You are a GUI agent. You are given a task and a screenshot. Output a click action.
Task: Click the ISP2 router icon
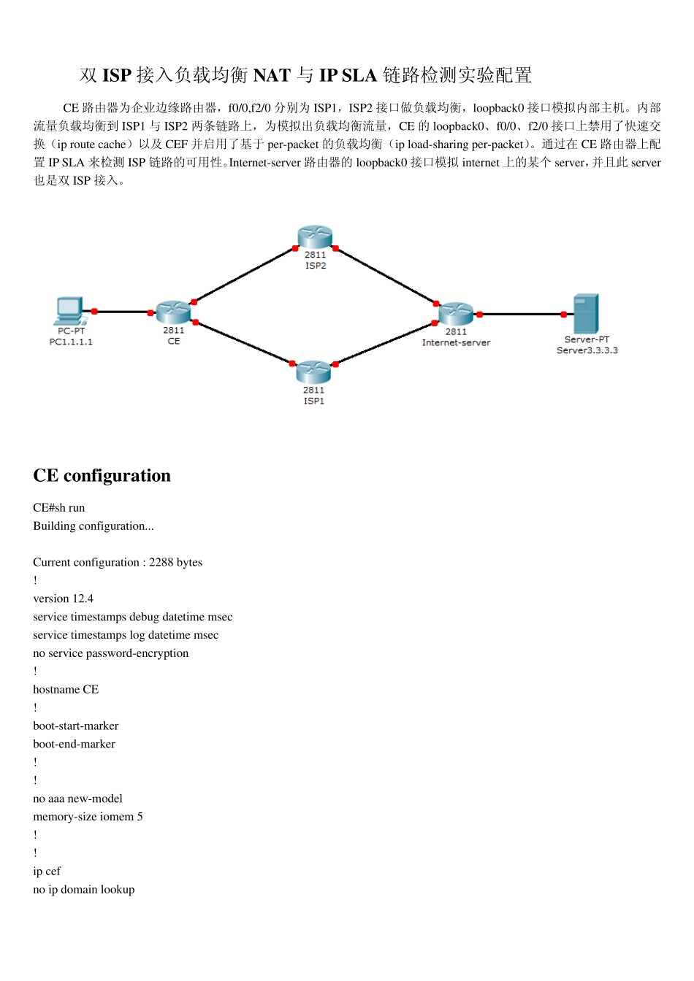click(x=315, y=237)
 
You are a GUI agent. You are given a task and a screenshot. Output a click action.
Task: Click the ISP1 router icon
click(x=313, y=372)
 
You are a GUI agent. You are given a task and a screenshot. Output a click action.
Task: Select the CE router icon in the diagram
click(x=173, y=312)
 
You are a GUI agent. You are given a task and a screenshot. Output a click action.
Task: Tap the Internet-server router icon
click(x=456, y=314)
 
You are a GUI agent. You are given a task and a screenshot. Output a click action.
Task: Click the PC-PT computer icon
click(x=70, y=311)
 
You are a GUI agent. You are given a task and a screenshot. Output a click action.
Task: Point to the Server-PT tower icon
click(x=586, y=313)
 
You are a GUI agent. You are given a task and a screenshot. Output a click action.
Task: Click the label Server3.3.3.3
click(x=587, y=350)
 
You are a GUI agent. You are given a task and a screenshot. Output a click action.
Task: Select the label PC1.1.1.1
click(x=71, y=342)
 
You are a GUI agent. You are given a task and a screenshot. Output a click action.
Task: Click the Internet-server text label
click(x=456, y=342)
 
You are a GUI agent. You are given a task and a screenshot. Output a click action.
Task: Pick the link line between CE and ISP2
click(x=243, y=275)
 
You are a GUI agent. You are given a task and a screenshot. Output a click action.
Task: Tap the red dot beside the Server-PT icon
click(x=563, y=315)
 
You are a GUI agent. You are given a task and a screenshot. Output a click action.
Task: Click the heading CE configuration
click(x=102, y=476)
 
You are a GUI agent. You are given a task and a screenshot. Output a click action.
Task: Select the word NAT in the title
click(x=272, y=75)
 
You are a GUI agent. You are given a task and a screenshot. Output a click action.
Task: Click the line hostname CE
click(x=66, y=690)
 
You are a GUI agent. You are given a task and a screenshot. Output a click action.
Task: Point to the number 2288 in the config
click(x=161, y=562)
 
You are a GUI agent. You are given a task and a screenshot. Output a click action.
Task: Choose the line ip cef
click(x=47, y=872)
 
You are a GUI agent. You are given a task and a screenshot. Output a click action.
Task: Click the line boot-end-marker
click(x=74, y=745)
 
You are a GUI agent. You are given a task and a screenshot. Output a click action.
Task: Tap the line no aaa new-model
click(x=77, y=799)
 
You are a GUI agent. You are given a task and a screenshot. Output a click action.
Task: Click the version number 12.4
click(x=83, y=599)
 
